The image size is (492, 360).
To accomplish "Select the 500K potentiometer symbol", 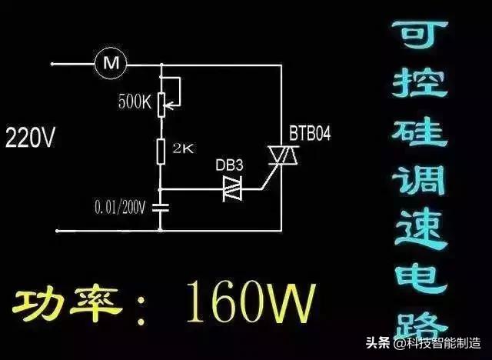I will click(x=161, y=101).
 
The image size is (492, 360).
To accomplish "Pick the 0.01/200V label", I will click(x=122, y=207).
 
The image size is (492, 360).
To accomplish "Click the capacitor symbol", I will click(x=161, y=206).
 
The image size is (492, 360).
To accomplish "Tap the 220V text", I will click(x=31, y=139).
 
